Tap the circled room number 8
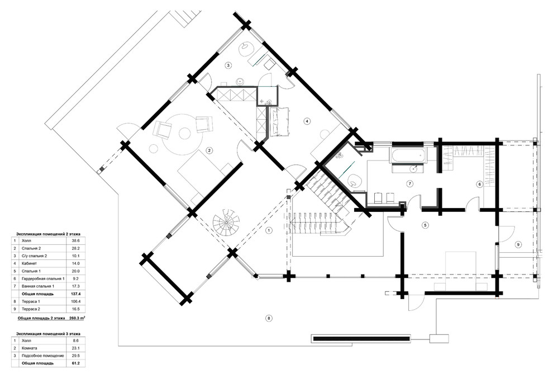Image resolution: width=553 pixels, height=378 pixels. [269, 318]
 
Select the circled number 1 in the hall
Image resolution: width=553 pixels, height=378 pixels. [269, 230]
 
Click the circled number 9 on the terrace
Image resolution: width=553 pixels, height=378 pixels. [518, 244]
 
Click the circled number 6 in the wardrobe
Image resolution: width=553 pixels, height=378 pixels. [479, 184]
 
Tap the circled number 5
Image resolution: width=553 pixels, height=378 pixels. [425, 225]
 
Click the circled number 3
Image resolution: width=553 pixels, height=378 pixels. [228, 65]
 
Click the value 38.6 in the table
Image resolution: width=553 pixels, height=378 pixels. [76, 240]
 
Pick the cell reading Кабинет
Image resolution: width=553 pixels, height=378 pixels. [29, 263]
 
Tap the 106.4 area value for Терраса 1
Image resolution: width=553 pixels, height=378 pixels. [76, 301]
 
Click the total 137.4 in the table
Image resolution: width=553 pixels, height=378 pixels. [76, 294]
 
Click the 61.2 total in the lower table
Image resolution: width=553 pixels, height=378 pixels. [76, 363]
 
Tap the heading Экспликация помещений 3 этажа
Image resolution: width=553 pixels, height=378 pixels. [48, 333]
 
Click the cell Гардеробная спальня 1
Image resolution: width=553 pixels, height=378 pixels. [43, 278]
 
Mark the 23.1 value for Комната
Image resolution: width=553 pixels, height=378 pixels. [76, 348]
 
